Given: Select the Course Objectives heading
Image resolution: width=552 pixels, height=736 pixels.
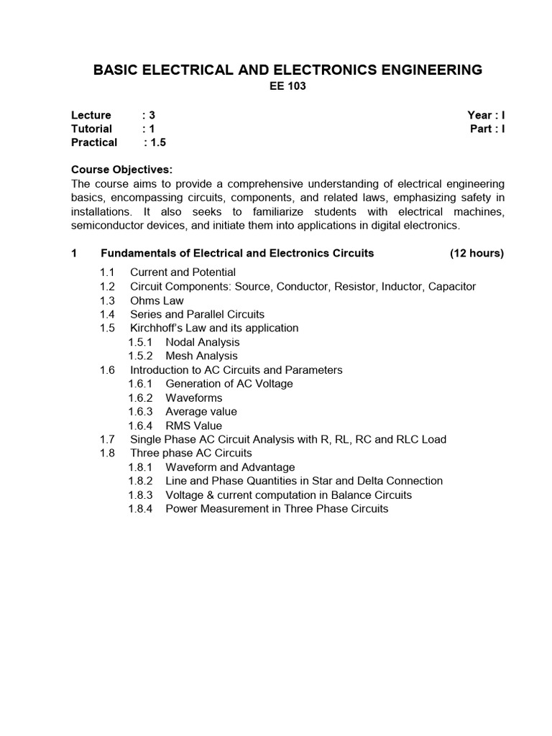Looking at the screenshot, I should pos(121,170).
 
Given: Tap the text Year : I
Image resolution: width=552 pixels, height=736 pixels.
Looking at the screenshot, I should pos(486,115).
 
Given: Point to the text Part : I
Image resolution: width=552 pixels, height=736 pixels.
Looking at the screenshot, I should pos(487,129).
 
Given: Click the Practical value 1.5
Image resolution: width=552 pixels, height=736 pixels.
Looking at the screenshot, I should pos(158,142).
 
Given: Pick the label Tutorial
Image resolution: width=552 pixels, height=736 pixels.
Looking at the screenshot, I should pos(91,129).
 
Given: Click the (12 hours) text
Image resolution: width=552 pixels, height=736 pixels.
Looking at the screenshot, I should pos(477,253).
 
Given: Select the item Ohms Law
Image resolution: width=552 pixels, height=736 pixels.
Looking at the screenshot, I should pos(157,300).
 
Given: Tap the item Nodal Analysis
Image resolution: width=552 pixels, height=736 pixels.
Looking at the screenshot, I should pos(202,342).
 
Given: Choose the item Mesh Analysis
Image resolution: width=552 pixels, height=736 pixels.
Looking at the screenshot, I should pos(201,356).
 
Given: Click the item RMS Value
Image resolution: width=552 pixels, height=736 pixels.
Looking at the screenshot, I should pos(193,425).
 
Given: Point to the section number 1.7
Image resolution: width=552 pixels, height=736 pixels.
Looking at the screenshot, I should pos(108,439).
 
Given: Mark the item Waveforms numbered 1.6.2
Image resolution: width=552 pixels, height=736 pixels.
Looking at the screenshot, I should pos(194,397).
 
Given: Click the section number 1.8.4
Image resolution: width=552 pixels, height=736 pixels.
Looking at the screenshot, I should pos(141,508).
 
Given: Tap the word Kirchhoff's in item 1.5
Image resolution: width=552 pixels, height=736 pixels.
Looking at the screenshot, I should pos(155,328).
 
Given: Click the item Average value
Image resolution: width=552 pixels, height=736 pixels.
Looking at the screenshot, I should pos(201,411).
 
